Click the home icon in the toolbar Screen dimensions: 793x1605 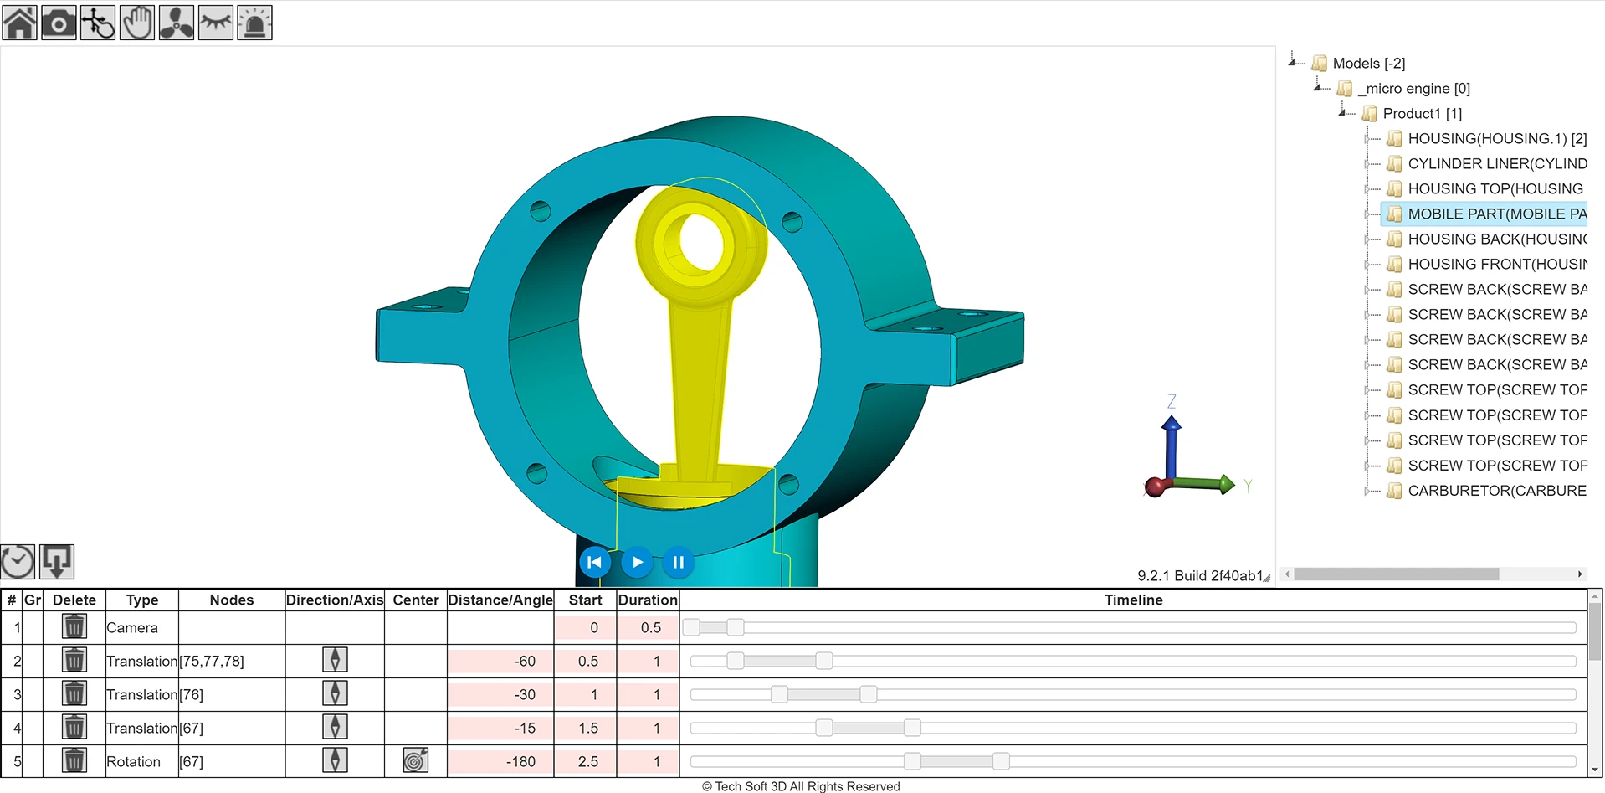point(20,23)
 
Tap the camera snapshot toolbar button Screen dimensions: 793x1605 point(59,23)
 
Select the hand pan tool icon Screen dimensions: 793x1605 point(137,23)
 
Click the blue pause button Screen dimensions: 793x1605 point(679,562)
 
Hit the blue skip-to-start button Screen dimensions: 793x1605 point(595,562)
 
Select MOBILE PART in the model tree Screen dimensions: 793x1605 point(1496,214)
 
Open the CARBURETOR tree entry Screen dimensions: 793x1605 point(1496,490)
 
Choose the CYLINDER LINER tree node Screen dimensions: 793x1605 point(1496,163)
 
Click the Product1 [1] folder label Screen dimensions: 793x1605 point(1422,113)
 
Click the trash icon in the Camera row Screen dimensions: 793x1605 point(74,626)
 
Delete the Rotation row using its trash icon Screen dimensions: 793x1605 point(74,760)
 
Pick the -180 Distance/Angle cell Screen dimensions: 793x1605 point(500,761)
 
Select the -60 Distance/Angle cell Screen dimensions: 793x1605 point(500,661)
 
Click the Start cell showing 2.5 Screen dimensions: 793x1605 point(586,761)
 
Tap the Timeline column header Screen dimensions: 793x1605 point(1133,600)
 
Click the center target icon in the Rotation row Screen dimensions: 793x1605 point(415,760)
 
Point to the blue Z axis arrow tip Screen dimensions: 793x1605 point(1172,422)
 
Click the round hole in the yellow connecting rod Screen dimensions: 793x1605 point(701,240)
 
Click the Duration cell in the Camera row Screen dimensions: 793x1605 point(649,627)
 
